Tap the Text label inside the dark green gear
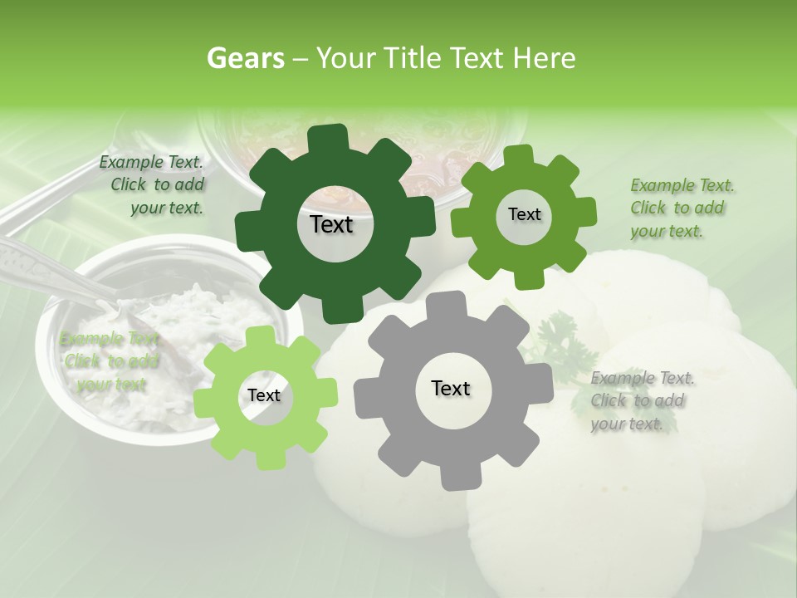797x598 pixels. click(x=331, y=224)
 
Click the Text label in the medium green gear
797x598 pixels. click(x=524, y=214)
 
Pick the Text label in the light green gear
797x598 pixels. click(x=264, y=395)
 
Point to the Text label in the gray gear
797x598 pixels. click(x=451, y=388)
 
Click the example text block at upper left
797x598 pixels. click(x=154, y=184)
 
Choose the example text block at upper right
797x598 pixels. click(x=681, y=208)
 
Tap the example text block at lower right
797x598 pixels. click(x=641, y=400)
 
